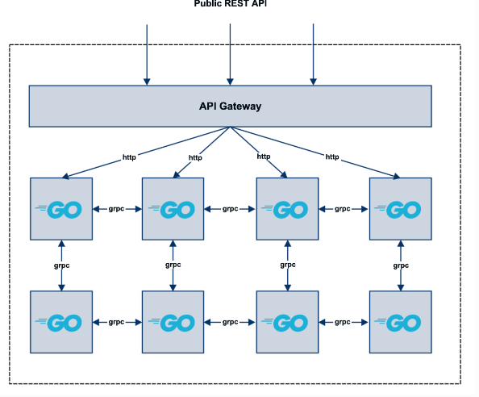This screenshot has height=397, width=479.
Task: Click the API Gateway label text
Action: (x=230, y=107)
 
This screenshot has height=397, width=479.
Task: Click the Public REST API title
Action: (x=231, y=3)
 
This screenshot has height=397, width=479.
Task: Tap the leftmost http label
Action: (x=129, y=157)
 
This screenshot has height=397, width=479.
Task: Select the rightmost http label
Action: (x=332, y=157)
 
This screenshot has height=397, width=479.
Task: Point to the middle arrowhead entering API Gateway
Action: (x=230, y=81)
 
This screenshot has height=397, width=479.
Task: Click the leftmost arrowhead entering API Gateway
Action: (x=147, y=81)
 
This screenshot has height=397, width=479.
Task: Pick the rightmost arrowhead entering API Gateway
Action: (x=313, y=81)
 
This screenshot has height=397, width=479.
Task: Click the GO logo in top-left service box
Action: (x=58, y=210)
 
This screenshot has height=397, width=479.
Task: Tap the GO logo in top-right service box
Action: (x=398, y=210)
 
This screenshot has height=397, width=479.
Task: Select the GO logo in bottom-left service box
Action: (x=58, y=323)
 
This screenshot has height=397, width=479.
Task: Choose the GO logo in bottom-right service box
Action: (x=398, y=323)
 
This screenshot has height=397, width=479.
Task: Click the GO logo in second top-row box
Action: (x=172, y=210)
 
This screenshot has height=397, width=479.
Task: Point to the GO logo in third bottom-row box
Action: (x=285, y=323)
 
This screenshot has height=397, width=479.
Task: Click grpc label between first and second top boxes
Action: (x=116, y=209)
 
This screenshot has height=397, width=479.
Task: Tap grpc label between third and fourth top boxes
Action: (x=343, y=209)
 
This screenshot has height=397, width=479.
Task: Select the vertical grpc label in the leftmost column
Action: (x=62, y=265)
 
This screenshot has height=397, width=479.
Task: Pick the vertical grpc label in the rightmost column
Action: (x=401, y=265)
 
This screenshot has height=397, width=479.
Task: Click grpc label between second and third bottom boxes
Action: (x=230, y=322)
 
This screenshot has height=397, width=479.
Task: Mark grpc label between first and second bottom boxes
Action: (x=116, y=322)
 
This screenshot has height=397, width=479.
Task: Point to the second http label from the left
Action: (x=195, y=157)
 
